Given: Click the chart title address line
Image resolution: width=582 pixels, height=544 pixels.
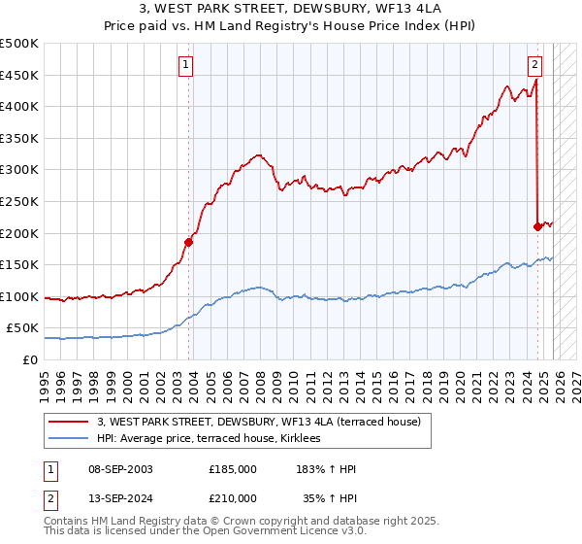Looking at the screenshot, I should click(x=290, y=10).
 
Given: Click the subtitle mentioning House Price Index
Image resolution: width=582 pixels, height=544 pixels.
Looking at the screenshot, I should click(x=290, y=26).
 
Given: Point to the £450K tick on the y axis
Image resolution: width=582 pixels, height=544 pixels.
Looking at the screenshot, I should click(x=19, y=75).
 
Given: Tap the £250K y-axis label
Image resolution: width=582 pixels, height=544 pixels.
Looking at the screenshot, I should click(x=19, y=201).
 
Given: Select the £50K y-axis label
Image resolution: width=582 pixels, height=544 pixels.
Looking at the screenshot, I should click(x=23, y=328).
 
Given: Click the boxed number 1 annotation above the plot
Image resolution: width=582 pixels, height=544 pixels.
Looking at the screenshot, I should click(x=185, y=66).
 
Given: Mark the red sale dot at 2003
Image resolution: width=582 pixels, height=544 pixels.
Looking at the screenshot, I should click(x=188, y=243).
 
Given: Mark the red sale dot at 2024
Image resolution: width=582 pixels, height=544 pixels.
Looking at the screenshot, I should click(x=537, y=226).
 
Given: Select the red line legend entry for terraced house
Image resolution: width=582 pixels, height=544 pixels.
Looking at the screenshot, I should click(x=258, y=422).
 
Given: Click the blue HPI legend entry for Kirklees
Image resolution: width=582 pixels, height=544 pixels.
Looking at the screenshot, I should click(x=215, y=439).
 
